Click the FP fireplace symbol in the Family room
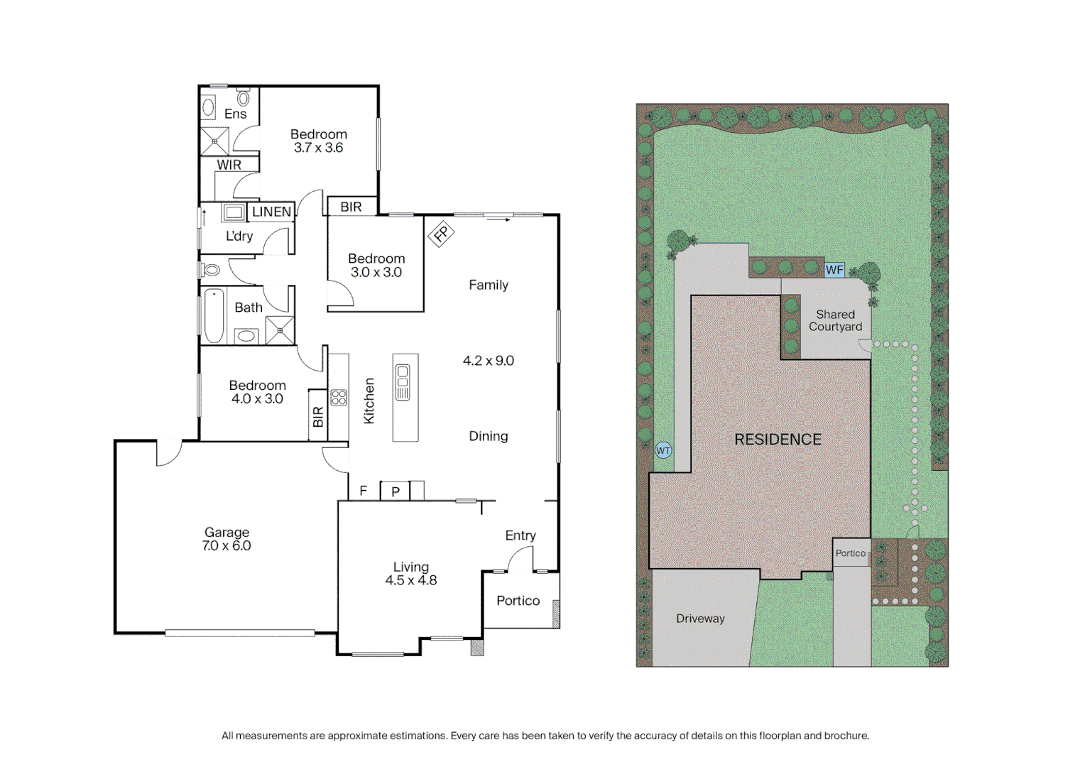pyautogui.click(x=441, y=233)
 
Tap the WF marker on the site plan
pyautogui.click(x=834, y=270)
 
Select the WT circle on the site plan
pyautogui.click(x=663, y=450)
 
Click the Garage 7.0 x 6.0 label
pyautogui.click(x=227, y=539)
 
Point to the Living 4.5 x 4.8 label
pyautogui.click(x=410, y=573)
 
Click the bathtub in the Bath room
pyautogui.click(x=214, y=316)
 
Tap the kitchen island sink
pyautogui.click(x=403, y=382)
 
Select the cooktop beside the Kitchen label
pyautogui.click(x=339, y=398)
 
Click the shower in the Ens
pyautogui.click(x=214, y=141)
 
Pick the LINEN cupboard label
pyautogui.click(x=271, y=212)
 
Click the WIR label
pyautogui.click(x=229, y=165)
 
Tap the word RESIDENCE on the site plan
pyautogui.click(x=778, y=440)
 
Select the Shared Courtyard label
pyautogui.click(x=835, y=320)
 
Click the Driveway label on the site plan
pyautogui.click(x=700, y=619)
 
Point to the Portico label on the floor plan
pyautogui.click(x=518, y=601)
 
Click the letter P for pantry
pyautogui.click(x=396, y=491)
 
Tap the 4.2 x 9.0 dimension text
pyautogui.click(x=489, y=361)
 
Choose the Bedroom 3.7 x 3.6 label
pyautogui.click(x=319, y=141)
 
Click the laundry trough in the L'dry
pyautogui.click(x=233, y=212)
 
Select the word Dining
pyautogui.click(x=489, y=436)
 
